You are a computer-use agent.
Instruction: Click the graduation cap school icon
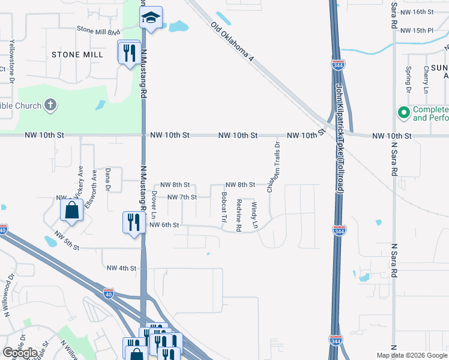[152, 18]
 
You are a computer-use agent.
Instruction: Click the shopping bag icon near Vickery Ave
[71, 211]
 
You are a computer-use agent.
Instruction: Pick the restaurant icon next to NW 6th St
[132, 222]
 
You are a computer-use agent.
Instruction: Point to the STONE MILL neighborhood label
[77, 54]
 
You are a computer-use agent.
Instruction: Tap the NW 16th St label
[416, 12]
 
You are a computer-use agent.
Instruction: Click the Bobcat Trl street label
[223, 207]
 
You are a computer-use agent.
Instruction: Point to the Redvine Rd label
[239, 215]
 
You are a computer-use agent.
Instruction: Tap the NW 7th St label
[182, 197]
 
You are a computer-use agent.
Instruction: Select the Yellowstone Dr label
[11, 58]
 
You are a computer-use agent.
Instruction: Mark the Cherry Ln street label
[426, 79]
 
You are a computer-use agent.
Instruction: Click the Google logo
[20, 353]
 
